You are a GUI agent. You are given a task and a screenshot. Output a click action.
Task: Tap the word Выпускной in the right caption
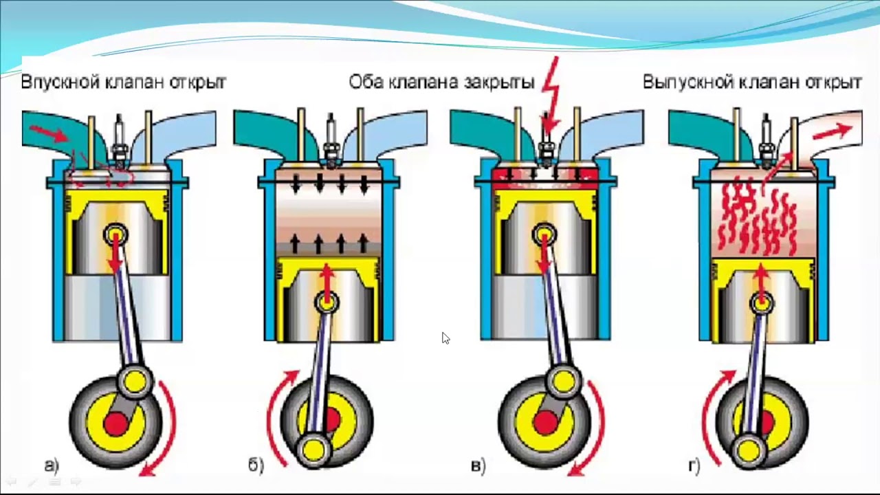click(x=687, y=82)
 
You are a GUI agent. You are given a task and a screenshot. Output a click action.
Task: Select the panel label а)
click(x=52, y=465)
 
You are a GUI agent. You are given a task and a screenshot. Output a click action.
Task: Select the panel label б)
click(x=256, y=465)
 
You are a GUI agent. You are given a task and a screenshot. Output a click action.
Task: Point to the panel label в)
click(x=478, y=465)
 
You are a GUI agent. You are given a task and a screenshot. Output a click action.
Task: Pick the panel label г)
click(x=694, y=465)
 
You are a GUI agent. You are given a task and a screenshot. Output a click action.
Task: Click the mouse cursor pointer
click(x=445, y=338)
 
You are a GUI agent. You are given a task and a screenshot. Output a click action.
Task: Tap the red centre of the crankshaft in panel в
click(x=544, y=421)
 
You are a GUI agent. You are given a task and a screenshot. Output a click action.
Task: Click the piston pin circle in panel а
click(x=115, y=234)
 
